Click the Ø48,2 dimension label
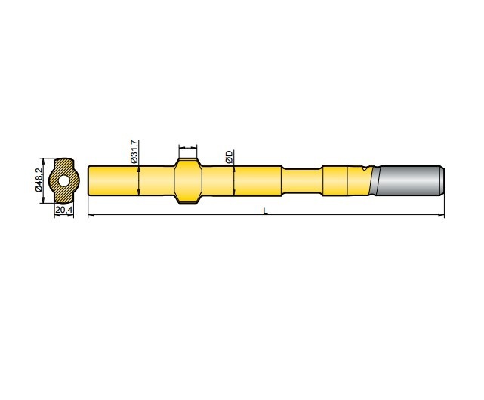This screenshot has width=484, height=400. (x=39, y=180)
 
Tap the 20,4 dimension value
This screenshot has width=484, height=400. (x=63, y=210)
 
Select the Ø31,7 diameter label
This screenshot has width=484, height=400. (x=134, y=152)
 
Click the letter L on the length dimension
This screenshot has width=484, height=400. (x=265, y=211)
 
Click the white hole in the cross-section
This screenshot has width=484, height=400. (x=64, y=181)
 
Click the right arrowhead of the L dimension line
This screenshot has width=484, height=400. (x=442, y=217)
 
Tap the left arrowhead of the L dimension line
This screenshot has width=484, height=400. (x=91, y=217)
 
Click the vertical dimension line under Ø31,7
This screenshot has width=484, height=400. (x=140, y=181)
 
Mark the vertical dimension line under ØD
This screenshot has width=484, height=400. (x=234, y=181)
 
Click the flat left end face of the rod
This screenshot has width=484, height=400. (x=89, y=180)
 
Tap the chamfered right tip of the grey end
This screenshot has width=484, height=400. (x=442, y=180)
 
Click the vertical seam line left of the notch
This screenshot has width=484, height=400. (x=347, y=180)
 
